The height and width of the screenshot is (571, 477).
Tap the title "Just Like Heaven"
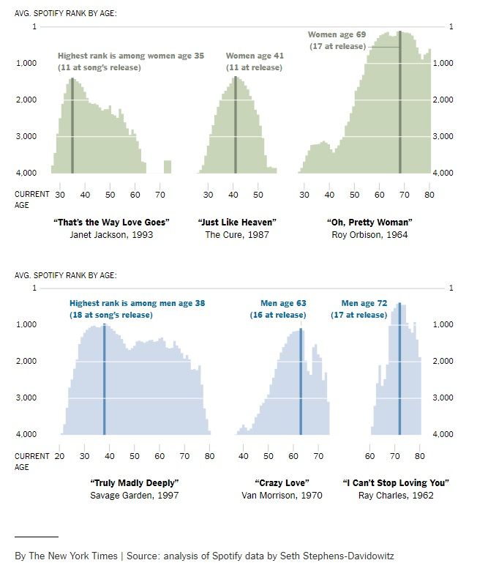237,222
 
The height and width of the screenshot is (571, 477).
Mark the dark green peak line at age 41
235,124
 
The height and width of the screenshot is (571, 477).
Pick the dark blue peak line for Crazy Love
301,381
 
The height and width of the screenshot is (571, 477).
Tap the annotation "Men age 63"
283,303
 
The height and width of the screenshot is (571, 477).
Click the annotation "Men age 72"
364,303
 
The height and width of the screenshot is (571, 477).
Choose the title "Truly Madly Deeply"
134,483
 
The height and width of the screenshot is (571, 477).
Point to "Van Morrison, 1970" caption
282,496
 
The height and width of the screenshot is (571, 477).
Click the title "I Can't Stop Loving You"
395,483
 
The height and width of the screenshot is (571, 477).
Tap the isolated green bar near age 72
168,166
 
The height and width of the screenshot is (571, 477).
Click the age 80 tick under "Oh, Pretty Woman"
429,195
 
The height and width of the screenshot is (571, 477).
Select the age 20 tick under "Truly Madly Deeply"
60,456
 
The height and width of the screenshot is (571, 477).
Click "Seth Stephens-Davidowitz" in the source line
337,556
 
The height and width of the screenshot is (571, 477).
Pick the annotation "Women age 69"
337,34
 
